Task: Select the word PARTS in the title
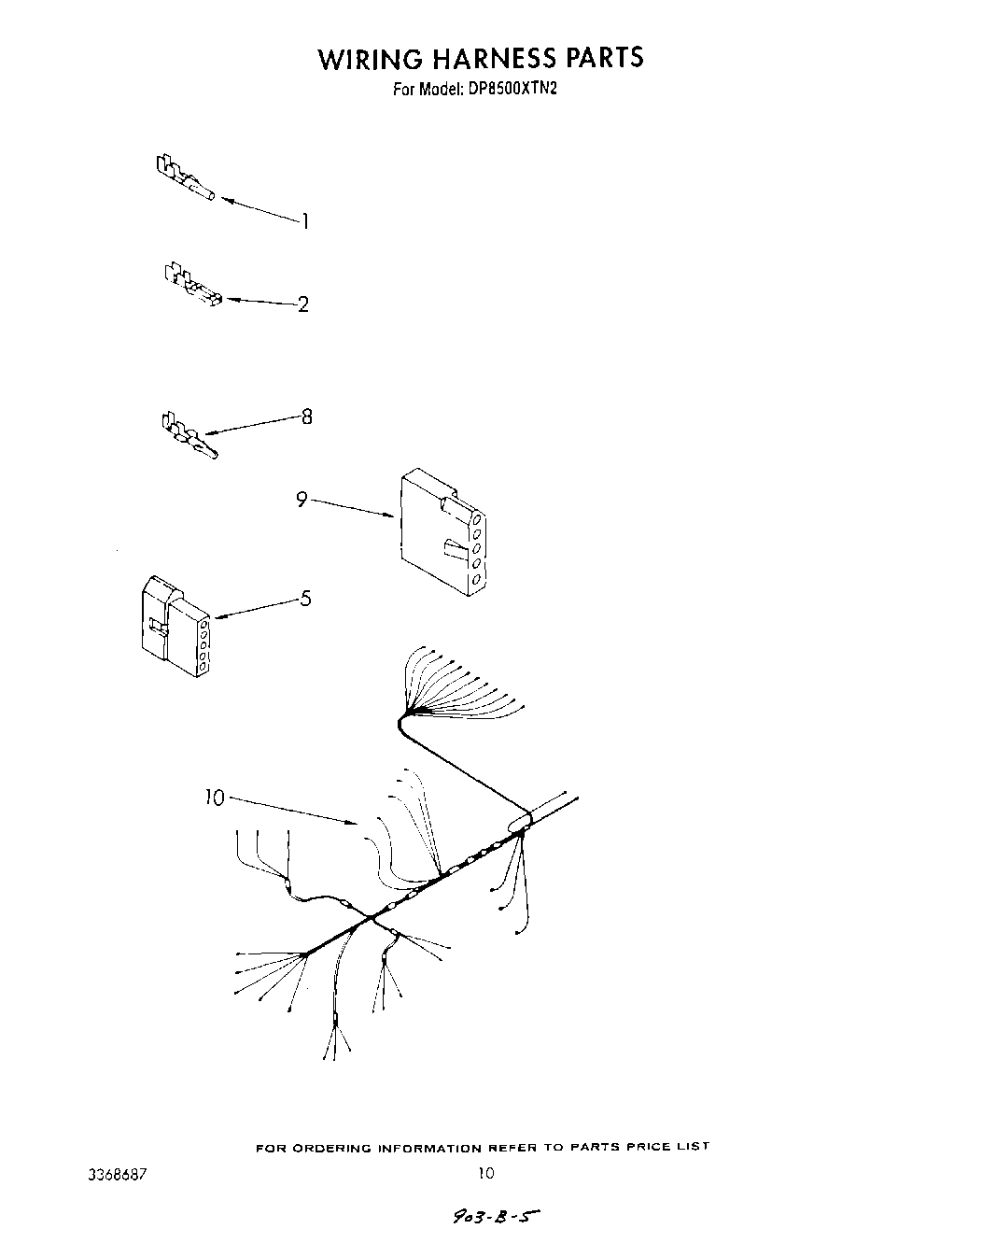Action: point(604,58)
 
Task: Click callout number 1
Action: point(304,221)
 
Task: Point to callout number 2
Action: point(302,304)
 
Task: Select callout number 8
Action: point(306,417)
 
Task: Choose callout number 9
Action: point(302,500)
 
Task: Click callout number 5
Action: point(305,599)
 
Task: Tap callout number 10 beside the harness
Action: point(215,798)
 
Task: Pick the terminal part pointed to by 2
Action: point(192,284)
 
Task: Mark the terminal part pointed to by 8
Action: point(188,435)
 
